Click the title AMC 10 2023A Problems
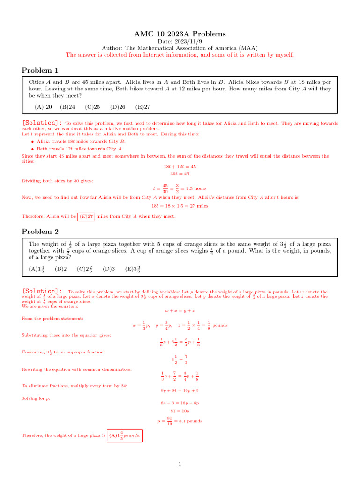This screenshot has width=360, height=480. [x=180, y=34]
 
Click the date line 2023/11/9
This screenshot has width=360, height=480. [x=180, y=41]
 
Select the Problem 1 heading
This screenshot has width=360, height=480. [x=40, y=70]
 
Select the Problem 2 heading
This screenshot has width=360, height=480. [x=40, y=231]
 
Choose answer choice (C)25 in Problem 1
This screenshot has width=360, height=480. [x=92, y=107]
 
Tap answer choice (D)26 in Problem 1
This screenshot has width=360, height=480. [x=118, y=107]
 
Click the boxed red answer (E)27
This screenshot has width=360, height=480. [x=86, y=216]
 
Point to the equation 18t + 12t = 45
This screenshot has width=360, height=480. [x=180, y=166]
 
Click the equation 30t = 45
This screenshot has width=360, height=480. [x=180, y=173]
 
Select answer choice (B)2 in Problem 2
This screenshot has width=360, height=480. [x=61, y=269]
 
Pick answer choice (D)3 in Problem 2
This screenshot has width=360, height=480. [x=109, y=269]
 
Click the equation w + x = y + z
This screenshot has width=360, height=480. [x=180, y=311]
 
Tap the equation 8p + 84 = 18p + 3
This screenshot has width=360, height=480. [x=180, y=390]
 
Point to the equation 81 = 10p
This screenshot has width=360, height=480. [x=180, y=411]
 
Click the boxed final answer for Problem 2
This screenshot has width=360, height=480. [x=125, y=435]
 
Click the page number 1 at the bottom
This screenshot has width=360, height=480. [x=180, y=464]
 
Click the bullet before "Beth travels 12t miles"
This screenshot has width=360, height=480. [x=32, y=149]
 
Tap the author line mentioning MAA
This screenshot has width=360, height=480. [x=180, y=48]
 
